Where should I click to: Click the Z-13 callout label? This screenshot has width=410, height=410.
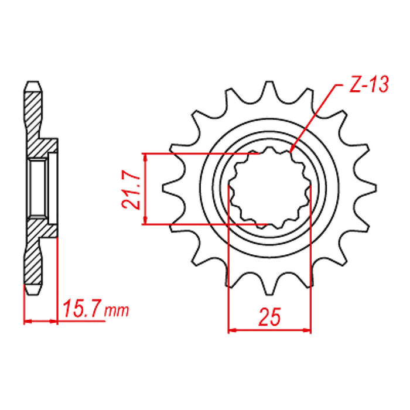coord(367,86)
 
